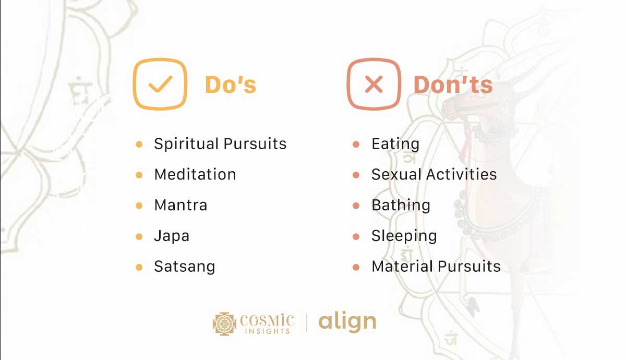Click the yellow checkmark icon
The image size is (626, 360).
pos(160,84)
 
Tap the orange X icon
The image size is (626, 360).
pos(374,84)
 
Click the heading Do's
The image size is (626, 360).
pos(230,85)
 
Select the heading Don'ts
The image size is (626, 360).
pos(453,85)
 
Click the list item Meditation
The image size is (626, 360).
pos(195,174)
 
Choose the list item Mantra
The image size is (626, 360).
pos(180,205)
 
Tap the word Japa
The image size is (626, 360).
pos(172,236)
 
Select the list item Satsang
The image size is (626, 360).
pos(185,267)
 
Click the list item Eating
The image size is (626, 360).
pos(395,145)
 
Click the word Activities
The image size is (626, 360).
pos(461,174)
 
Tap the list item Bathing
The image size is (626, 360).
pos(401,205)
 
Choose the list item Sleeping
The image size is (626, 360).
pos(404,236)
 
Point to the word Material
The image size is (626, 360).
pos(401,267)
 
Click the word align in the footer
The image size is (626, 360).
pos(347,322)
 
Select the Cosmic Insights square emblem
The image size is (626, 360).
pos(225,323)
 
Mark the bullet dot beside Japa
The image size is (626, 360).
pos(139,236)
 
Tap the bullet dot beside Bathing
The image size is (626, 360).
pos(356,206)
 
